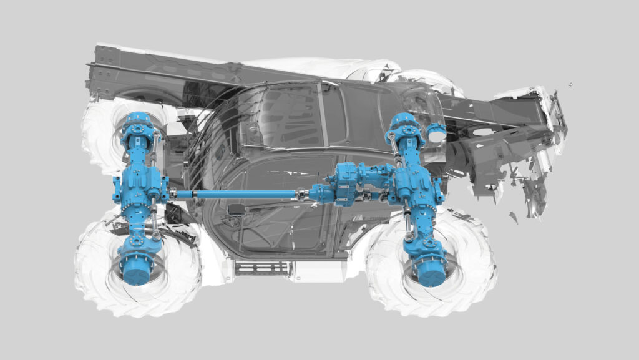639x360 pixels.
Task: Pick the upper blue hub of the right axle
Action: tap(404, 125)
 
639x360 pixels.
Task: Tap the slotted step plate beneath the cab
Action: tap(263, 268)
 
